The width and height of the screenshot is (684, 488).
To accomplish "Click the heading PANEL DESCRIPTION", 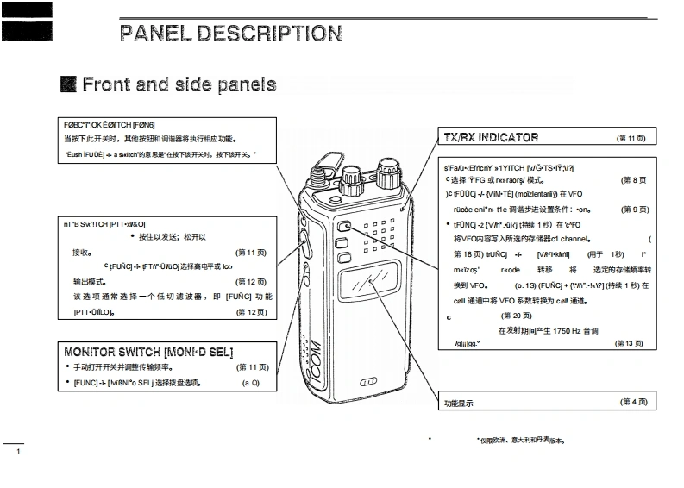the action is point(231,34).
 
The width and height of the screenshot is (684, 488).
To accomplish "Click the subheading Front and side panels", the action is point(179,84).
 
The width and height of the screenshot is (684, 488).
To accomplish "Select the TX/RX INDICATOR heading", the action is point(491,137).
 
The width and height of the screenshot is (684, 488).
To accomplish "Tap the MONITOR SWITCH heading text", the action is point(148,352).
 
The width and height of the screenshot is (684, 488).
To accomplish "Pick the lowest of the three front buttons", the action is point(344,257).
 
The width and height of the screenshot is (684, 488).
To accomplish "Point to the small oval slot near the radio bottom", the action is point(368,382).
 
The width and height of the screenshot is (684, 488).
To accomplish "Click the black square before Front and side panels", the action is point(68,84).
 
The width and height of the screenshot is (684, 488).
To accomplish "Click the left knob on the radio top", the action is point(352,180).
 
